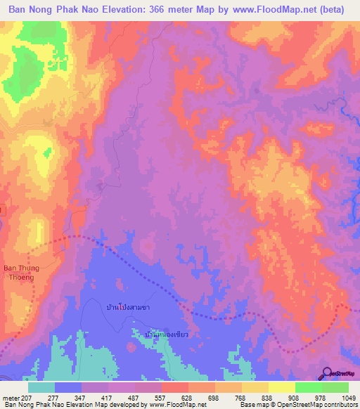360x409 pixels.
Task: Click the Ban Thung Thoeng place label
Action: (20, 272)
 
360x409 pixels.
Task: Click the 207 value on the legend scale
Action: (26, 397)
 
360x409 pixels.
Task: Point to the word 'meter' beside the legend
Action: (10, 397)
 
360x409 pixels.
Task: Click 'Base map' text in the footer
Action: (252, 405)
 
